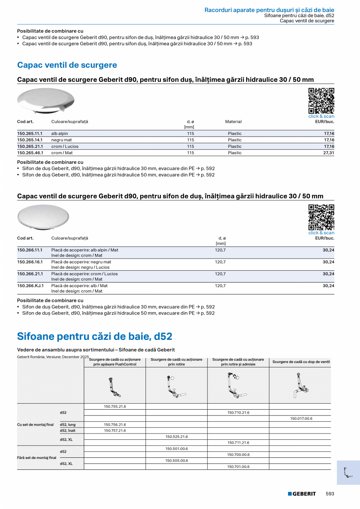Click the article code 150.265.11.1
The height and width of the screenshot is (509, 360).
pos(30,133)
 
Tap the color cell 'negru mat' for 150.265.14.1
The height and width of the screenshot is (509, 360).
pos(61,140)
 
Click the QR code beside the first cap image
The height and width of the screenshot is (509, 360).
pos(321,101)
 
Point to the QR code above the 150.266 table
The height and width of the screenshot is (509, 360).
pos(321,217)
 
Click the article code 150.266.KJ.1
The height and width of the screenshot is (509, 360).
pos(30,286)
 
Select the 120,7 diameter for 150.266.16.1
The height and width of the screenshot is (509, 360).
pos(220,262)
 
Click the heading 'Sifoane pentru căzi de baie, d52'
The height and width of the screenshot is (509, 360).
pos(95,336)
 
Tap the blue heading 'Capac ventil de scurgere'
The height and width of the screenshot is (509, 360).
pos(67,65)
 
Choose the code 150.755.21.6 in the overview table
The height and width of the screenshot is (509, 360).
pos(115,406)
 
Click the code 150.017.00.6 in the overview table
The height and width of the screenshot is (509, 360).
pos(301,419)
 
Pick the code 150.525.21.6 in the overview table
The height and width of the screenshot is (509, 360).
pos(176,437)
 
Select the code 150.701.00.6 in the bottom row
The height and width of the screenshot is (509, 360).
pos(238,467)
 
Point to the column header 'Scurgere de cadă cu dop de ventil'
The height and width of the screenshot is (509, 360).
pos(301,362)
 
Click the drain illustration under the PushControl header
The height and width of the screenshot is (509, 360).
pos(115,386)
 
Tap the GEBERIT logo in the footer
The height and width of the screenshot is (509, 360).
pos(302,494)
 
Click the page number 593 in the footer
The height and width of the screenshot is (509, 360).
pos(330,494)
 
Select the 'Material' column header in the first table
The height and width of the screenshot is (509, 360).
pos(233,122)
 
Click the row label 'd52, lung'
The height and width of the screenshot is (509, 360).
pos(68,424)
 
